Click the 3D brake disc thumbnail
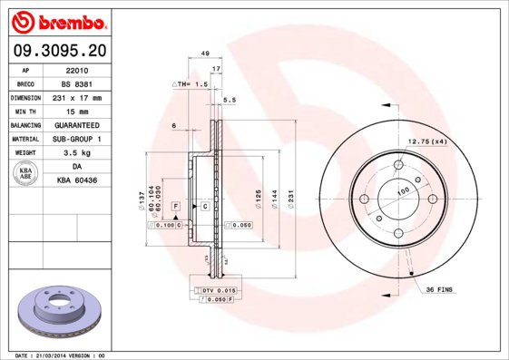pyautogui.click(x=58, y=311)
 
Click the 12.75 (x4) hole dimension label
pyautogui.click(x=426, y=141)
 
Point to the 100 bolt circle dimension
pyautogui.click(x=397, y=190)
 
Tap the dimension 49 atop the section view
pyautogui.click(x=205, y=54)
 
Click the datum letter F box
pyautogui.click(x=174, y=207)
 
